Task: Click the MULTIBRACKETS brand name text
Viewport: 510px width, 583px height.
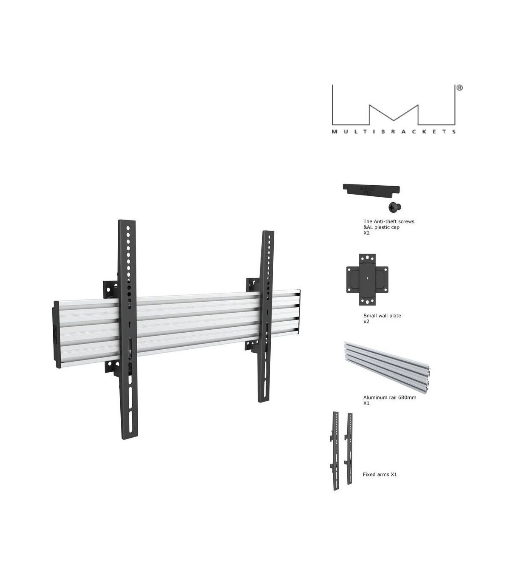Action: [x=394, y=132]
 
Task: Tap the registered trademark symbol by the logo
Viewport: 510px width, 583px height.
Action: [x=459, y=88]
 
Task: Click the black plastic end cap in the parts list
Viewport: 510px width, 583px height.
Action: [x=371, y=190]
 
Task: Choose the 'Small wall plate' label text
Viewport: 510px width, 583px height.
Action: [x=382, y=316]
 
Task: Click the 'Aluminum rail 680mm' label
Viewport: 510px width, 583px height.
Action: [x=389, y=397]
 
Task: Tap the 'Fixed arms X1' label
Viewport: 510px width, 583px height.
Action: [x=380, y=474]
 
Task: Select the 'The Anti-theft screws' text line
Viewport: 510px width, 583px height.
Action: [x=388, y=221]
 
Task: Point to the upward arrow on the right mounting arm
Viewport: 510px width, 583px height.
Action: [x=267, y=312]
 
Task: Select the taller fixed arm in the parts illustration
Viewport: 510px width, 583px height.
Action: [x=336, y=450]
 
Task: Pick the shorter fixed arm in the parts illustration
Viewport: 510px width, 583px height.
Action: [x=350, y=448]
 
